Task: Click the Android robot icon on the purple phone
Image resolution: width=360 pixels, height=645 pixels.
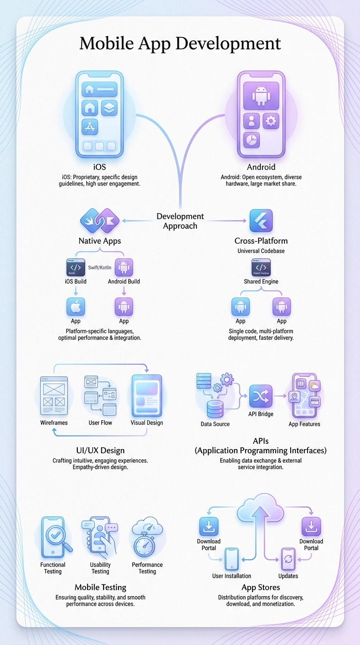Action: (x=261, y=96)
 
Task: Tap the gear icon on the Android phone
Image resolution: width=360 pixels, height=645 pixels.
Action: (x=271, y=121)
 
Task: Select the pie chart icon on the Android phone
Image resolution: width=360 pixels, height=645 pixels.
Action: (x=252, y=140)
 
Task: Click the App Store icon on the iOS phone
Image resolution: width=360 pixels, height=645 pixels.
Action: (x=90, y=127)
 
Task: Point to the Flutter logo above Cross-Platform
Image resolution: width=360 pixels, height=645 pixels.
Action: (x=261, y=220)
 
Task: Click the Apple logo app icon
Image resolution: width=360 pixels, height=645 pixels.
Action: (x=75, y=307)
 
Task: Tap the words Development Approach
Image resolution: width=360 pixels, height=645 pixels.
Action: (x=180, y=221)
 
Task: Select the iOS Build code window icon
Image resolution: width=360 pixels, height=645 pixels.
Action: (x=75, y=267)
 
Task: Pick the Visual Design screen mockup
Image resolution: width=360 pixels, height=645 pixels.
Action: (x=147, y=396)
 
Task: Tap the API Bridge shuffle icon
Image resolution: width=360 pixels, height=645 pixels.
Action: (x=261, y=397)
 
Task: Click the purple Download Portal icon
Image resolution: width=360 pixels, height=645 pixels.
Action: (x=311, y=526)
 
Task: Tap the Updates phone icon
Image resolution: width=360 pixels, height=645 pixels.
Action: (x=288, y=559)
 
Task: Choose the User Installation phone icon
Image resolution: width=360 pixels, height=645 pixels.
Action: (x=232, y=559)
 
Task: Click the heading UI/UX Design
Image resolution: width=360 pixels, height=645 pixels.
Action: (x=100, y=450)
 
